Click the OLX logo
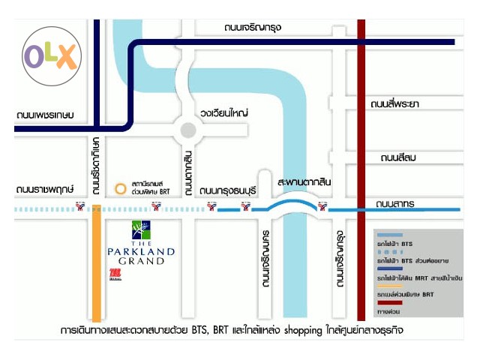click(50, 56)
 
